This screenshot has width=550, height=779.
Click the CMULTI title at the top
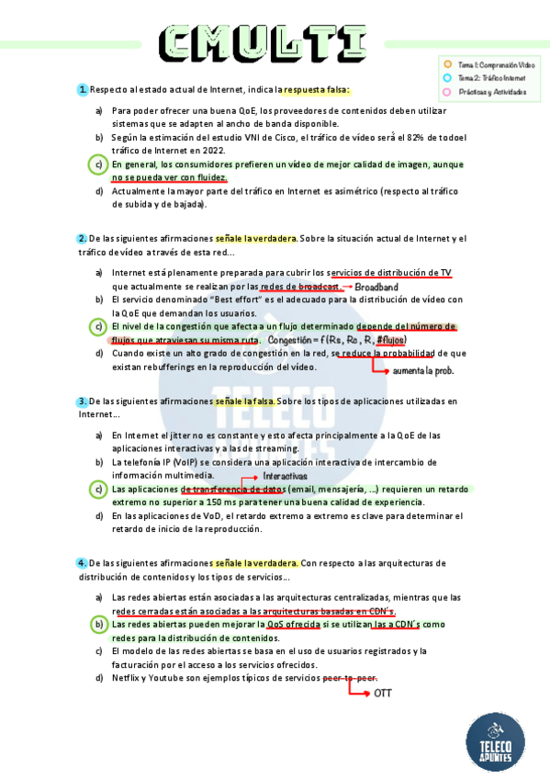point(265,41)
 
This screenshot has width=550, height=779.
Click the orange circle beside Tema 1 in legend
point(447,65)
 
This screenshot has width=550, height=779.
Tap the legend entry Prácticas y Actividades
point(494,92)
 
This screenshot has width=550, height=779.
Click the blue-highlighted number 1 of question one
point(83,89)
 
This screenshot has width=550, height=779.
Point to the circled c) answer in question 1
point(99,164)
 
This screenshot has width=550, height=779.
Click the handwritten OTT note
point(383,692)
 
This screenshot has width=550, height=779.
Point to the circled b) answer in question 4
point(99,625)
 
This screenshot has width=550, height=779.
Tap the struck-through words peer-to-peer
point(351,678)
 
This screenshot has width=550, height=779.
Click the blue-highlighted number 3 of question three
point(83,401)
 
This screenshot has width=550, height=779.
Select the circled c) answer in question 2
point(99,327)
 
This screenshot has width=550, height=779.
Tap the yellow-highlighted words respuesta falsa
point(316,89)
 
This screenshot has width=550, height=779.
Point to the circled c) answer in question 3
point(99,490)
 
